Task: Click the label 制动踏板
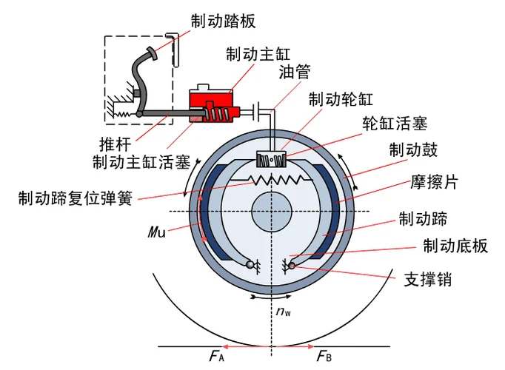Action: pyautogui.click(x=223, y=21)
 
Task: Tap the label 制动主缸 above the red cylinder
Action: pyautogui.click(x=258, y=54)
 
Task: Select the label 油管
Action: pyautogui.click(x=295, y=72)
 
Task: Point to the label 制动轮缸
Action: pyautogui.click(x=341, y=99)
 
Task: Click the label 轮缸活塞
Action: pyautogui.click(x=395, y=124)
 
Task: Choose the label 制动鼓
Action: pyautogui.click(x=413, y=150)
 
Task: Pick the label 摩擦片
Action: pyautogui.click(x=434, y=182)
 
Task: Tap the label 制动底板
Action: pyautogui.click(x=455, y=246)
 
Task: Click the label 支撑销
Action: pyautogui.click(x=428, y=279)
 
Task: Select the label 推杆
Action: pyautogui.click(x=116, y=144)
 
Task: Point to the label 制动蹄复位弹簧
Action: pyautogui.click(x=76, y=198)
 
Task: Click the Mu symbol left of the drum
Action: pyautogui.click(x=157, y=232)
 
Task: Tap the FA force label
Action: pyautogui.click(x=216, y=356)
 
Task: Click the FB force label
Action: pyautogui.click(x=324, y=356)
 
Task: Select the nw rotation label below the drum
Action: pyautogui.click(x=284, y=312)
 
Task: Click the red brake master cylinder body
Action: pyautogui.click(x=214, y=106)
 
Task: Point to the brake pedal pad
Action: pyautogui.click(x=152, y=53)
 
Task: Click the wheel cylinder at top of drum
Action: pyautogui.click(x=271, y=159)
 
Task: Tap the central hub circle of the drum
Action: pyautogui.click(x=272, y=212)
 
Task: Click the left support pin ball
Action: pyautogui.click(x=250, y=265)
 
